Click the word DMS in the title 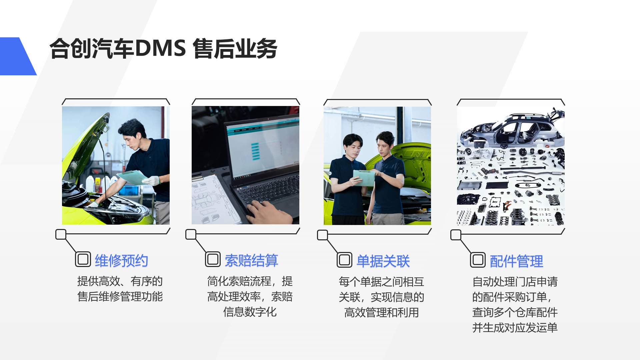(160, 49)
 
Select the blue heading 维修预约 (121, 260)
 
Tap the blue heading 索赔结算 (251, 260)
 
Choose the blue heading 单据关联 (383, 261)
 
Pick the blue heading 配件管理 (516, 261)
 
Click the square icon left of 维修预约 (83, 259)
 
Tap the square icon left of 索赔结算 (213, 259)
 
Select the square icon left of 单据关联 (344, 260)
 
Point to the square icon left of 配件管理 (478, 260)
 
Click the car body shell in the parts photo (513, 130)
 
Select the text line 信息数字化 (250, 312)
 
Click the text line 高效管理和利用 (381, 313)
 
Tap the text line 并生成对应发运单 (515, 328)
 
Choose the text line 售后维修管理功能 (120, 297)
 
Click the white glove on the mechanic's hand (151, 181)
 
